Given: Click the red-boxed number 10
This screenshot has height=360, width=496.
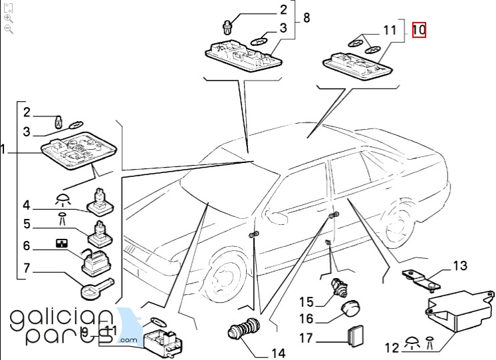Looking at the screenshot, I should (x=419, y=30).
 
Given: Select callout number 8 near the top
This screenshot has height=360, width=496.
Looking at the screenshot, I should (x=307, y=18).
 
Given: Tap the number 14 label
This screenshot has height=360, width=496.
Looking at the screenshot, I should (x=276, y=352).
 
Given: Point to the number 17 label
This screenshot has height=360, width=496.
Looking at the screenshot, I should (x=306, y=338).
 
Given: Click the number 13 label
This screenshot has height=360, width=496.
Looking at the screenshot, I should (x=460, y=267).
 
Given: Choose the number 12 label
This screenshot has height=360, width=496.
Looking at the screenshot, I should (x=392, y=346).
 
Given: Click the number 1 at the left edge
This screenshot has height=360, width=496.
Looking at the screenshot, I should (x=3, y=151).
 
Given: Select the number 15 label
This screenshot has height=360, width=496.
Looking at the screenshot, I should (x=305, y=302).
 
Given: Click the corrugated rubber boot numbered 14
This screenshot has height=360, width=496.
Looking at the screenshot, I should (x=244, y=331).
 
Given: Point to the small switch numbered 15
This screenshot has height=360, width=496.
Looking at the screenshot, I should (x=340, y=288).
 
